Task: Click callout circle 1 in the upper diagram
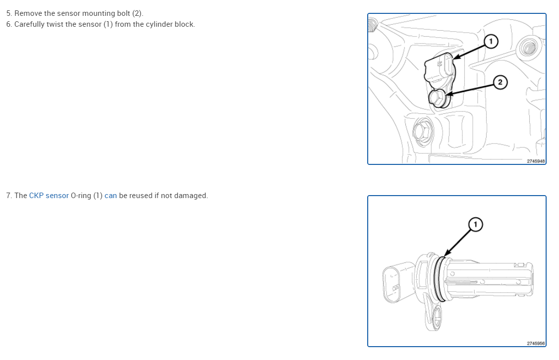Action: click(491, 41)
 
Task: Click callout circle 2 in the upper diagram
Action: click(500, 82)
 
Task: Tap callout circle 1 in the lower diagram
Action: click(475, 224)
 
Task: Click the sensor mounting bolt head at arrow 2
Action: click(437, 97)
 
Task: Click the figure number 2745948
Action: click(536, 161)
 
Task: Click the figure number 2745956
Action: click(536, 343)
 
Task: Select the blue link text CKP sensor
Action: click(49, 196)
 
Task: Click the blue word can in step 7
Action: click(111, 196)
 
